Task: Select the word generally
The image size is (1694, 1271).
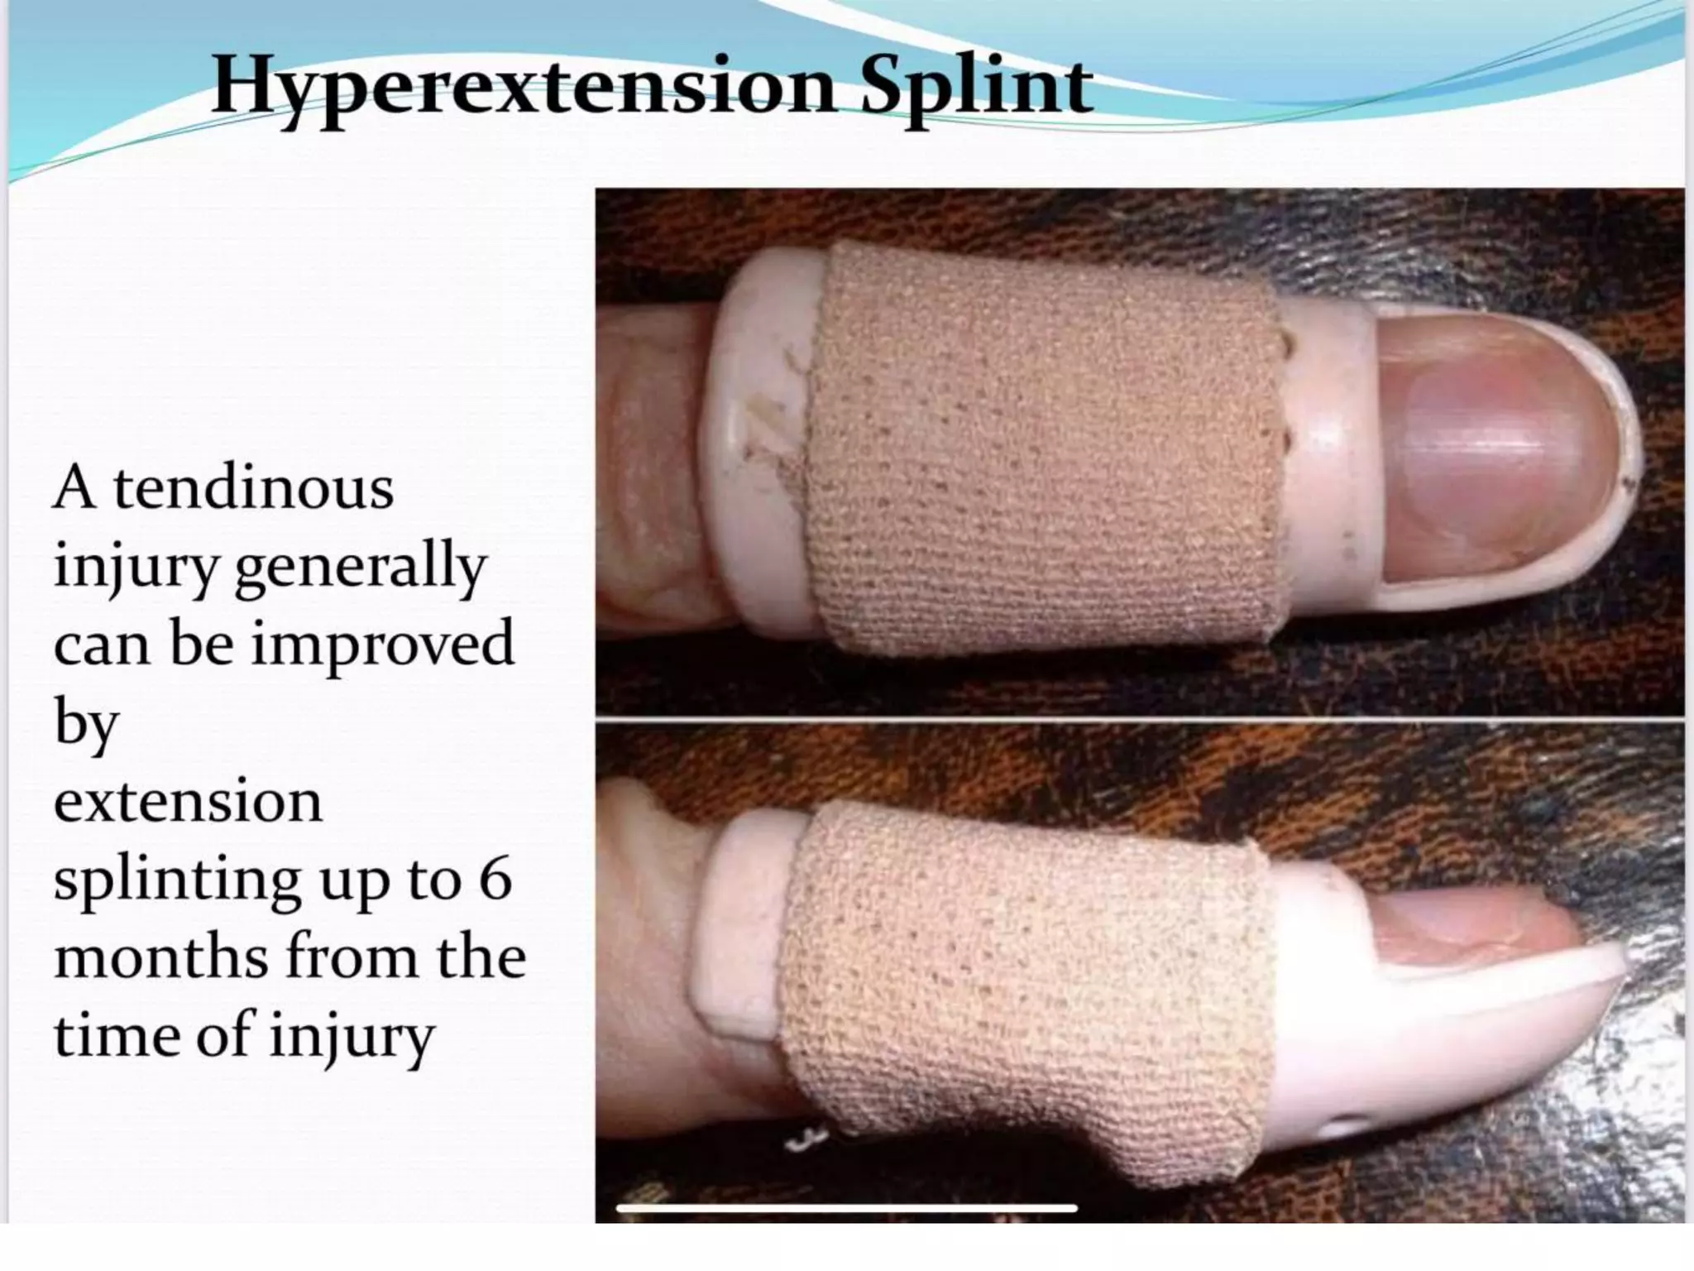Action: (361, 568)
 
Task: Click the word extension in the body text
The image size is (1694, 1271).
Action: (188, 803)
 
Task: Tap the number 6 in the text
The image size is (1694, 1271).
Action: (495, 879)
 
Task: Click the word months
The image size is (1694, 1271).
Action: (160, 957)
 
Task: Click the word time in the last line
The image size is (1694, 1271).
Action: (116, 1034)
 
